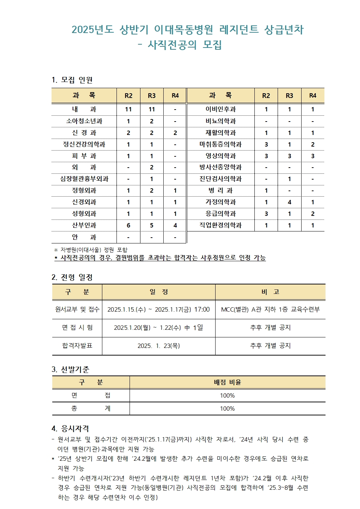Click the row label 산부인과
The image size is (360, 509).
pos(84,225)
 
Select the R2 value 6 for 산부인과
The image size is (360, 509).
pos(128,225)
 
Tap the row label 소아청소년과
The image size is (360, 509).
pos(84,121)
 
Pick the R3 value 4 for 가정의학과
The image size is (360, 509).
pos(289,202)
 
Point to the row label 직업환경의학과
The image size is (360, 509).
pos(220,225)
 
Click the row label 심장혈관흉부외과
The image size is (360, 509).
pos(84,179)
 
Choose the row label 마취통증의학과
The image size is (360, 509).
pos(220,144)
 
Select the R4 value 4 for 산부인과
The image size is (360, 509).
pos(175,225)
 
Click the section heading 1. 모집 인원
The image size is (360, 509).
pos(72,80)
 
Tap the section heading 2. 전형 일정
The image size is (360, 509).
pos(72,278)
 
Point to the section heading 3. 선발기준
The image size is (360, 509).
pos(70,369)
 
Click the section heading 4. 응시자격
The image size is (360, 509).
pos(70,428)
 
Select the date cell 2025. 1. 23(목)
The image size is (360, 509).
pos(159,346)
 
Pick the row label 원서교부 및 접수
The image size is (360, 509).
pos(77,309)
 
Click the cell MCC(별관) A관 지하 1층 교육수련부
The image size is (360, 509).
pos(270,309)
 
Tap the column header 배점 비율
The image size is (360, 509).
pos(228,382)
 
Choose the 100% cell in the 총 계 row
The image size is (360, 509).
pos(228,409)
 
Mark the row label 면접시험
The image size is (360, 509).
pos(77,328)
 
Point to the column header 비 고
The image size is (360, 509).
pos(270,292)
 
